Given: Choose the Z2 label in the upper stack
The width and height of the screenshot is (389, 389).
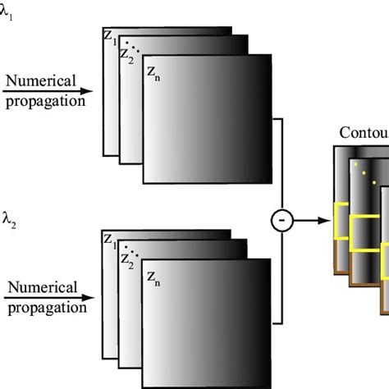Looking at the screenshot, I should click(x=126, y=54).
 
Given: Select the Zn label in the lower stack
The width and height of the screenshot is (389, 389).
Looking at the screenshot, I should click(x=154, y=278).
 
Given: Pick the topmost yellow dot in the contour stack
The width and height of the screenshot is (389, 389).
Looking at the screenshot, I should click(x=355, y=165).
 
